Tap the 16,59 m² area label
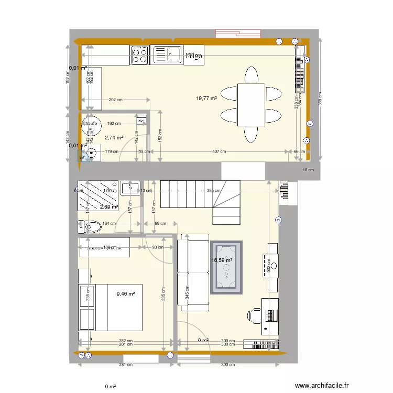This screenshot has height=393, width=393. [x=222, y=259]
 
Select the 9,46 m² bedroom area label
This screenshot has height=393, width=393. [x=126, y=294]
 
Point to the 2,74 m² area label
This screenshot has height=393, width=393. [x=114, y=138]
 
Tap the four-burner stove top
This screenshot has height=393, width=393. [x=140, y=55]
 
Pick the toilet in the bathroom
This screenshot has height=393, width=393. [x=90, y=226]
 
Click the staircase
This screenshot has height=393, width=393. [x=199, y=199]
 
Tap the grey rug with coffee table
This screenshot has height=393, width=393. [x=226, y=267]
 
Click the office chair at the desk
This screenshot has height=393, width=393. [x=255, y=315]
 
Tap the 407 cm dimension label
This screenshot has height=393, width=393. [x=219, y=152]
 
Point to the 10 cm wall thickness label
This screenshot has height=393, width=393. [x=308, y=170]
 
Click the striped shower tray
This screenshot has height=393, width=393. [x=98, y=194]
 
